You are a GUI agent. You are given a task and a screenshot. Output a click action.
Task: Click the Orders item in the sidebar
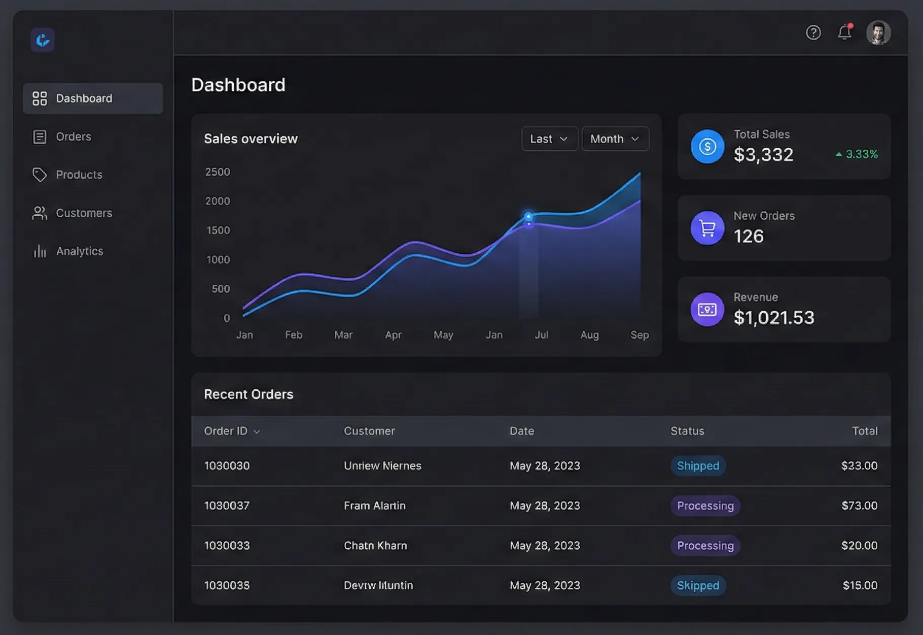[x=73, y=137]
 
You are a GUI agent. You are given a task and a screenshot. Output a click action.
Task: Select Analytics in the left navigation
[x=79, y=251]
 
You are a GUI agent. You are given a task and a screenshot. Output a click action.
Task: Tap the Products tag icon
[x=40, y=175]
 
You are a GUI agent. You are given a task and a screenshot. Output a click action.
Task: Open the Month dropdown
[x=615, y=139]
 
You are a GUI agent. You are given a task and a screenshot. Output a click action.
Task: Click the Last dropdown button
[x=549, y=139]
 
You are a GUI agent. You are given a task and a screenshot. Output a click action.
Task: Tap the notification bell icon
[x=844, y=32]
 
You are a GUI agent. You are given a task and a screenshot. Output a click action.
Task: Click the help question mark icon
[x=813, y=32]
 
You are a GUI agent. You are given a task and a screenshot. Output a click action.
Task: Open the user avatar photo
[x=878, y=32]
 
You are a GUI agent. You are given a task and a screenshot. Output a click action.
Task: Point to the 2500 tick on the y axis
[x=218, y=172]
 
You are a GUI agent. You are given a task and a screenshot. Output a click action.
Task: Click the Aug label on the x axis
[x=589, y=335]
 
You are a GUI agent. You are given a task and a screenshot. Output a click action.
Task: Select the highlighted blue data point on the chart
[x=528, y=217]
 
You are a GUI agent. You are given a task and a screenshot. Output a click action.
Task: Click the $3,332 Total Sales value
[x=763, y=155]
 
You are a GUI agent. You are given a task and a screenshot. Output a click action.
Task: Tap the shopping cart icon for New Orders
[x=707, y=228]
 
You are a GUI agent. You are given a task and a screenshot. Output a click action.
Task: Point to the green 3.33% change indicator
[x=857, y=154]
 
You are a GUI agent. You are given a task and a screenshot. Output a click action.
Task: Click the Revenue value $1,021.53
[x=773, y=318]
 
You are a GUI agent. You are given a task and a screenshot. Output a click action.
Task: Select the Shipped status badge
[x=698, y=465]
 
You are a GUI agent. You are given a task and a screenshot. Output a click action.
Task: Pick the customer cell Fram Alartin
[x=374, y=506]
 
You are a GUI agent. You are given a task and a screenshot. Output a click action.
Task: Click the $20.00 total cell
[x=859, y=546]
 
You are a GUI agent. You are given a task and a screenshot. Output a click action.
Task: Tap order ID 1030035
[x=227, y=585]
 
